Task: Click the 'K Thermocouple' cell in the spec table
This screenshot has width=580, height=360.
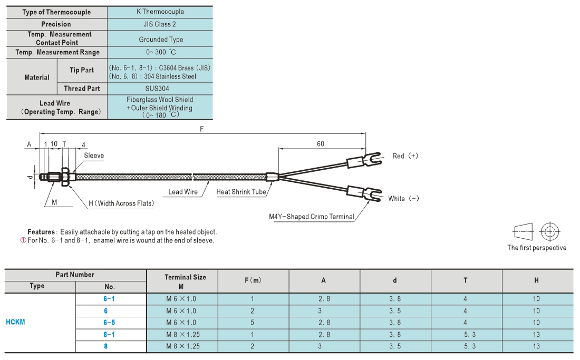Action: pyautogui.click(x=160, y=12)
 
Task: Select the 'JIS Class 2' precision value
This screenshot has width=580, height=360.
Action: pyautogui.click(x=160, y=24)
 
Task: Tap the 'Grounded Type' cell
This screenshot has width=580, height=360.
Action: pyautogui.click(x=160, y=39)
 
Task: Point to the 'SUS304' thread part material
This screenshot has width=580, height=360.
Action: pyautogui.click(x=157, y=89)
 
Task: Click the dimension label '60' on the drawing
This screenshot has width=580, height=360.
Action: pyautogui.click(x=321, y=144)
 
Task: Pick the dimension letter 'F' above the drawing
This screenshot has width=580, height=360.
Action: pyautogui.click(x=201, y=129)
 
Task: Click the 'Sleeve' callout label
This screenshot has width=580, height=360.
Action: pyautogui.click(x=94, y=155)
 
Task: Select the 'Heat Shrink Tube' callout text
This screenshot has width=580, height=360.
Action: pyautogui.click(x=241, y=192)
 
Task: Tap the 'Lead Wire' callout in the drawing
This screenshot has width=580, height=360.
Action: pyautogui.click(x=183, y=192)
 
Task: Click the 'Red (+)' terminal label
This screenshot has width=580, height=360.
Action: pyautogui.click(x=405, y=156)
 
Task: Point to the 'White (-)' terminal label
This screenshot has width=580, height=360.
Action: pyautogui.click(x=403, y=199)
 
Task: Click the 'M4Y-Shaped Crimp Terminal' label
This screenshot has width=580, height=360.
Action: pyautogui.click(x=312, y=217)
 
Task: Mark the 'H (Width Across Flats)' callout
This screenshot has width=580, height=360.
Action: pyautogui.click(x=121, y=203)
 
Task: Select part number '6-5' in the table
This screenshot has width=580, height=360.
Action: pyautogui.click(x=109, y=323)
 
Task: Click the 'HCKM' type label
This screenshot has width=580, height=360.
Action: pyautogui.click(x=15, y=322)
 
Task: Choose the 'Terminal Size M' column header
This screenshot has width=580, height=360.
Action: pyautogui.click(x=185, y=281)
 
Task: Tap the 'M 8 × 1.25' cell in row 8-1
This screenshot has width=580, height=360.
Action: pyautogui.click(x=183, y=335)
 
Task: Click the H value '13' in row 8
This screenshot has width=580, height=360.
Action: pyautogui.click(x=536, y=346)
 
